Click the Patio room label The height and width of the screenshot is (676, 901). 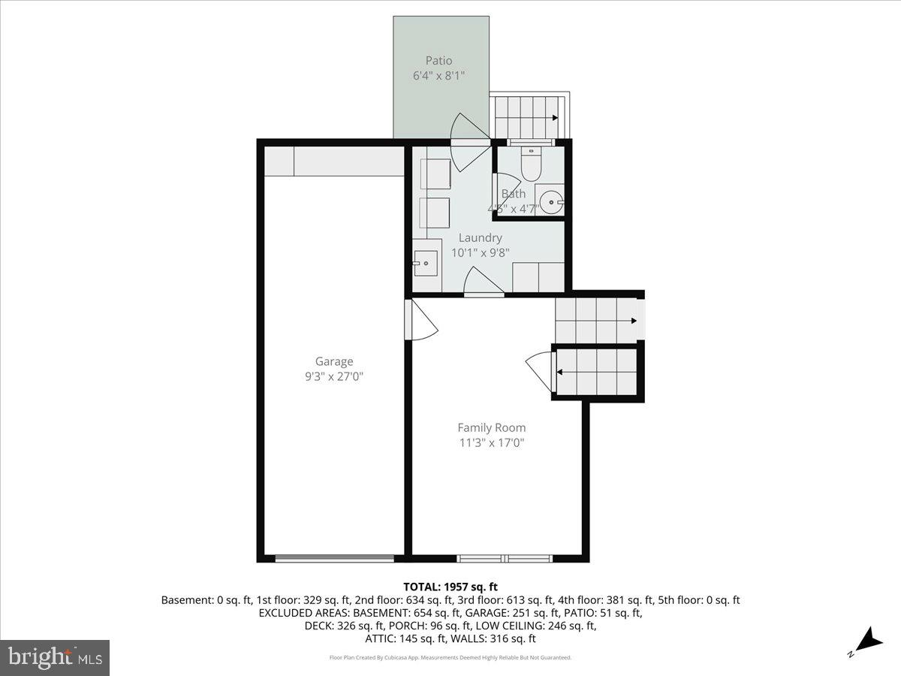tap(439, 60)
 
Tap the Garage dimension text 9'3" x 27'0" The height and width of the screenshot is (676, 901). tap(334, 376)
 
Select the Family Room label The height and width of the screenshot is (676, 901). tap(492, 427)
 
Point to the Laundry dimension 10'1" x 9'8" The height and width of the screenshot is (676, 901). tap(480, 253)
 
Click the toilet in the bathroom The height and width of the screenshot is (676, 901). tap(530, 166)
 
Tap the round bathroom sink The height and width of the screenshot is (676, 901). tap(553, 201)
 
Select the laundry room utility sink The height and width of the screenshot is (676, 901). tap(426, 263)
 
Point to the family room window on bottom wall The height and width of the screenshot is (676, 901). tap(505, 558)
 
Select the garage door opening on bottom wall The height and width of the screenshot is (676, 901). tap(334, 558)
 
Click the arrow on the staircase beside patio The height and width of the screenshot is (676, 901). tap(554, 117)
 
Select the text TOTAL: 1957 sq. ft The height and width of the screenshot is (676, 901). tap(450, 587)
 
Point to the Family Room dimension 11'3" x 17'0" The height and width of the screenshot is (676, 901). tap(492, 443)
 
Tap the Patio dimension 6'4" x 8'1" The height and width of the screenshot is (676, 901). tap(439, 75)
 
